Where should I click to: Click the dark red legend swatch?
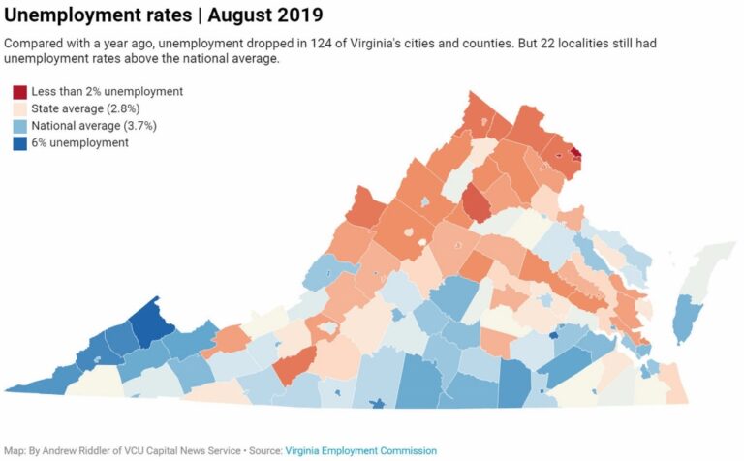19,92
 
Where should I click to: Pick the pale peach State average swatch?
19,108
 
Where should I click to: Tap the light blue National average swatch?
19,126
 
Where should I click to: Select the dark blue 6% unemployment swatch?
19,142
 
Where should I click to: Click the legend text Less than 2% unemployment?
107,92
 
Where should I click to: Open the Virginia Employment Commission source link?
360,450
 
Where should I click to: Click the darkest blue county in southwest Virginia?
148,323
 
